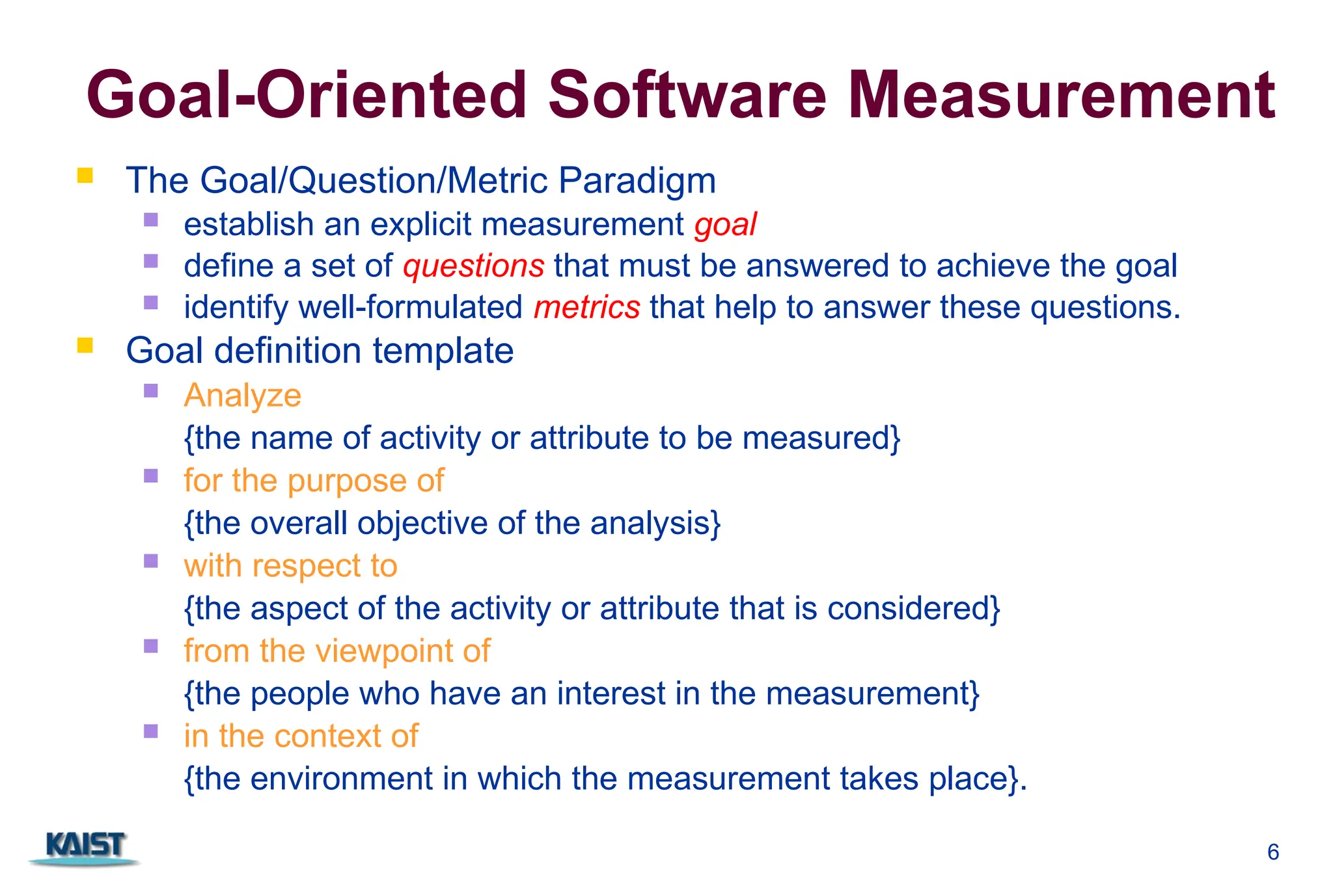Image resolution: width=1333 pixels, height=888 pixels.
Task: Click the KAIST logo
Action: click(85, 847)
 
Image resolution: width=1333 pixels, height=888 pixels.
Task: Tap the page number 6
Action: click(1273, 852)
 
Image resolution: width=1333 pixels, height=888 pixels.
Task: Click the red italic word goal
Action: click(725, 225)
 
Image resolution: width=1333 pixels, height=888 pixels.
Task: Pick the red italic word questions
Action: click(473, 267)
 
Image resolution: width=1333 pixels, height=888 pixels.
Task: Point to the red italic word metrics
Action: click(586, 308)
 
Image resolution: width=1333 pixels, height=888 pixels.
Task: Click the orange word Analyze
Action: click(242, 396)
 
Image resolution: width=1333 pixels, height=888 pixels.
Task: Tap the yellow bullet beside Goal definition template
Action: click(85, 345)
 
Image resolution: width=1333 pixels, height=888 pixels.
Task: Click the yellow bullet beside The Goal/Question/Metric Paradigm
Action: click(85, 176)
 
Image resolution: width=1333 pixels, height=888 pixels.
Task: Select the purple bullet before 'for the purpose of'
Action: click(151, 476)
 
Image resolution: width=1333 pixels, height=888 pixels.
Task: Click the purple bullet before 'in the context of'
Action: click(151, 731)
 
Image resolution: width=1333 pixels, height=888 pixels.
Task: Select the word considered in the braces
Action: click(911, 608)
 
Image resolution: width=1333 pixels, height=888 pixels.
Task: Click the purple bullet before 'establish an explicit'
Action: click(151, 220)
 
